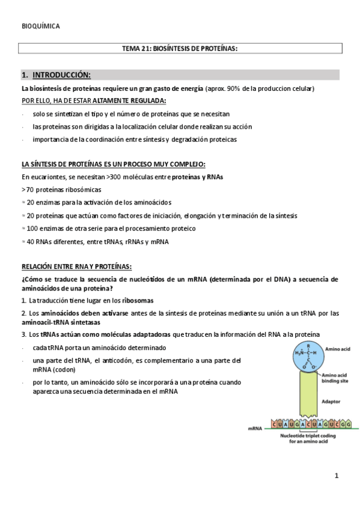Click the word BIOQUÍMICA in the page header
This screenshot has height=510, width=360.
40,26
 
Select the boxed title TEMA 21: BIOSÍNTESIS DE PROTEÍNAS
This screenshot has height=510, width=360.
180,49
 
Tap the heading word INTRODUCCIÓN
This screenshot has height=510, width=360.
61,75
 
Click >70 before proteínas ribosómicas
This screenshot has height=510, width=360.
27,189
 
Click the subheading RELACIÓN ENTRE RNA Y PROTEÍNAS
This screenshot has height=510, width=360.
76,267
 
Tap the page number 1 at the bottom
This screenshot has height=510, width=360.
337,476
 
